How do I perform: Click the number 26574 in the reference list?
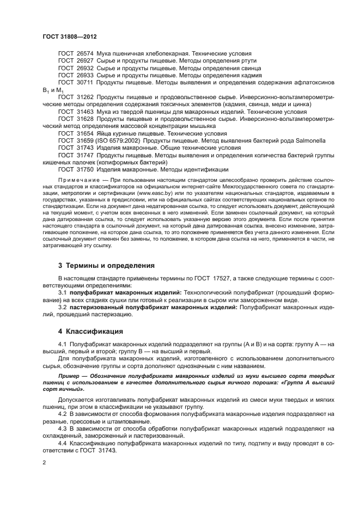(83, 54)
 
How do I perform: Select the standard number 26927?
(83, 62)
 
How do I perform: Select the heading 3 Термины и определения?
(107, 266)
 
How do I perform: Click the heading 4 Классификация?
(91, 331)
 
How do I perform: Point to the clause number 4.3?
(63, 428)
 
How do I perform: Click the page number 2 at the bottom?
(44, 463)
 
